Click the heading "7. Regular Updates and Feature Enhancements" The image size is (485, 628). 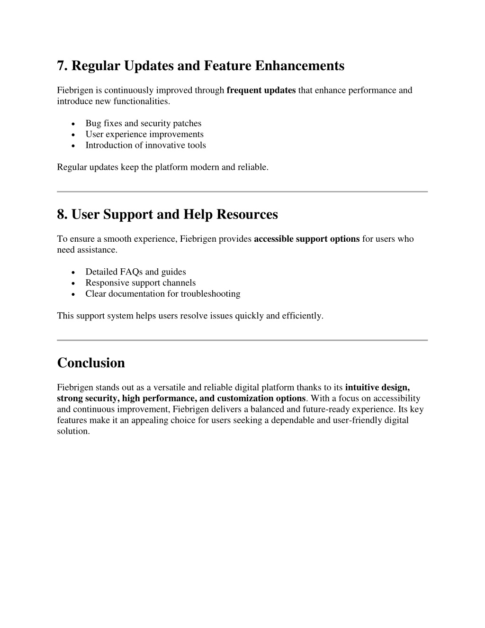tap(200, 65)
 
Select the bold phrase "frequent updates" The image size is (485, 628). tap(261, 90)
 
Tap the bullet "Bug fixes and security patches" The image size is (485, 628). tap(143, 123)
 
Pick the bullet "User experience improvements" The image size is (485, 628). tap(144, 134)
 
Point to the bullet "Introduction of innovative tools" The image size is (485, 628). tap(145, 145)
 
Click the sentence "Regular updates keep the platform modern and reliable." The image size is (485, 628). tap(162, 167)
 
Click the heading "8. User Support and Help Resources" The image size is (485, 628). tap(167, 214)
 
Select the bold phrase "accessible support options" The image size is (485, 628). tap(306, 239)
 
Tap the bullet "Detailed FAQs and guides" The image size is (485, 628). tap(135, 272)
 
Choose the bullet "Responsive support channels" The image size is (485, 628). tap(140, 282)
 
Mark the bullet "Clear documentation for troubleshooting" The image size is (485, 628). tap(162, 293)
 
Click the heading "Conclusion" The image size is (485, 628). tap(91, 363)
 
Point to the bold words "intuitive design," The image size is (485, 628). tap(377, 387)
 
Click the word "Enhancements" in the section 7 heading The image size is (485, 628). tap(300, 65)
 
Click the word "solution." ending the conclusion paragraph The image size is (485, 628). tap(73, 431)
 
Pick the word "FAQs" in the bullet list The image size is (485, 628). tap(132, 272)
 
